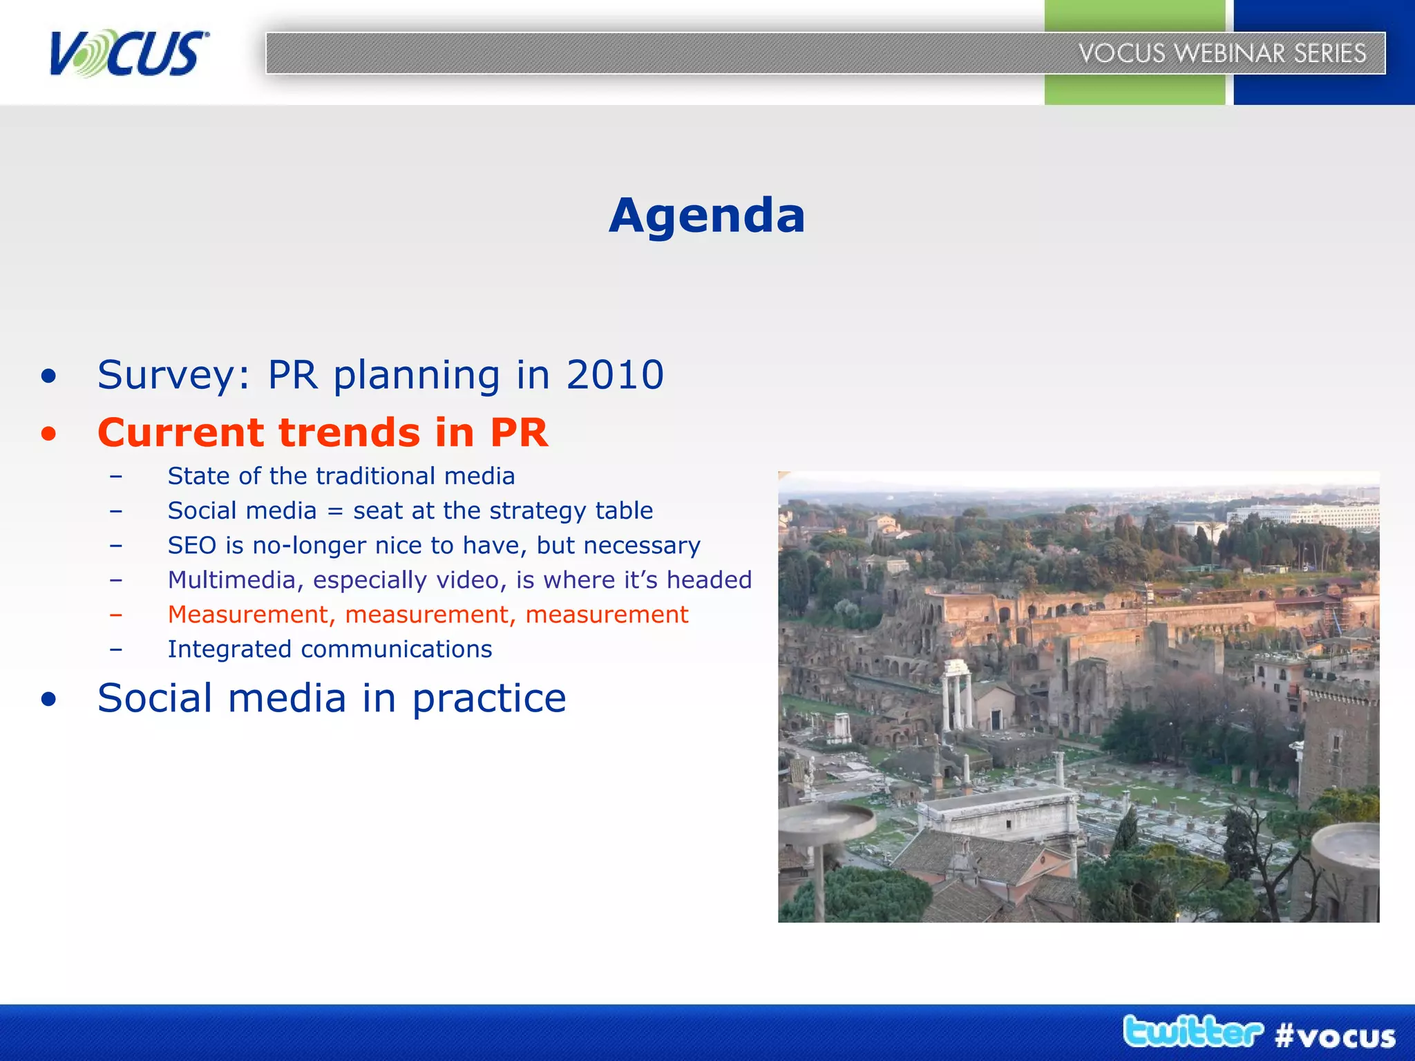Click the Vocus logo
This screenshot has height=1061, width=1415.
pyautogui.click(x=129, y=53)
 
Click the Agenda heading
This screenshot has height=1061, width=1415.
pyautogui.click(x=707, y=216)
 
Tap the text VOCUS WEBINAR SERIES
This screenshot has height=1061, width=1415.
pyautogui.click(x=1222, y=53)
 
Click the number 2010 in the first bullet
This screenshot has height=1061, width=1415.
pyautogui.click(x=615, y=375)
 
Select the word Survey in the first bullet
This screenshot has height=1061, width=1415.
pyautogui.click(x=173, y=375)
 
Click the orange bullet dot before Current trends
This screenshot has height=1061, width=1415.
pyautogui.click(x=48, y=434)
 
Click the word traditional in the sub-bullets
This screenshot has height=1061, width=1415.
pyautogui.click(x=376, y=476)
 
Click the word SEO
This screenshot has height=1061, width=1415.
pyautogui.click(x=192, y=546)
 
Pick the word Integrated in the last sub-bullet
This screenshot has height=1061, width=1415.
pyautogui.click(x=229, y=649)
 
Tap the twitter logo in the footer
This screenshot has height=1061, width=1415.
pyautogui.click(x=1193, y=1032)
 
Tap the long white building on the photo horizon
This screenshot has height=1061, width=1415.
pyautogui.click(x=1306, y=515)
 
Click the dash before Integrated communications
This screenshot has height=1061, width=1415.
pyautogui.click(x=116, y=649)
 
